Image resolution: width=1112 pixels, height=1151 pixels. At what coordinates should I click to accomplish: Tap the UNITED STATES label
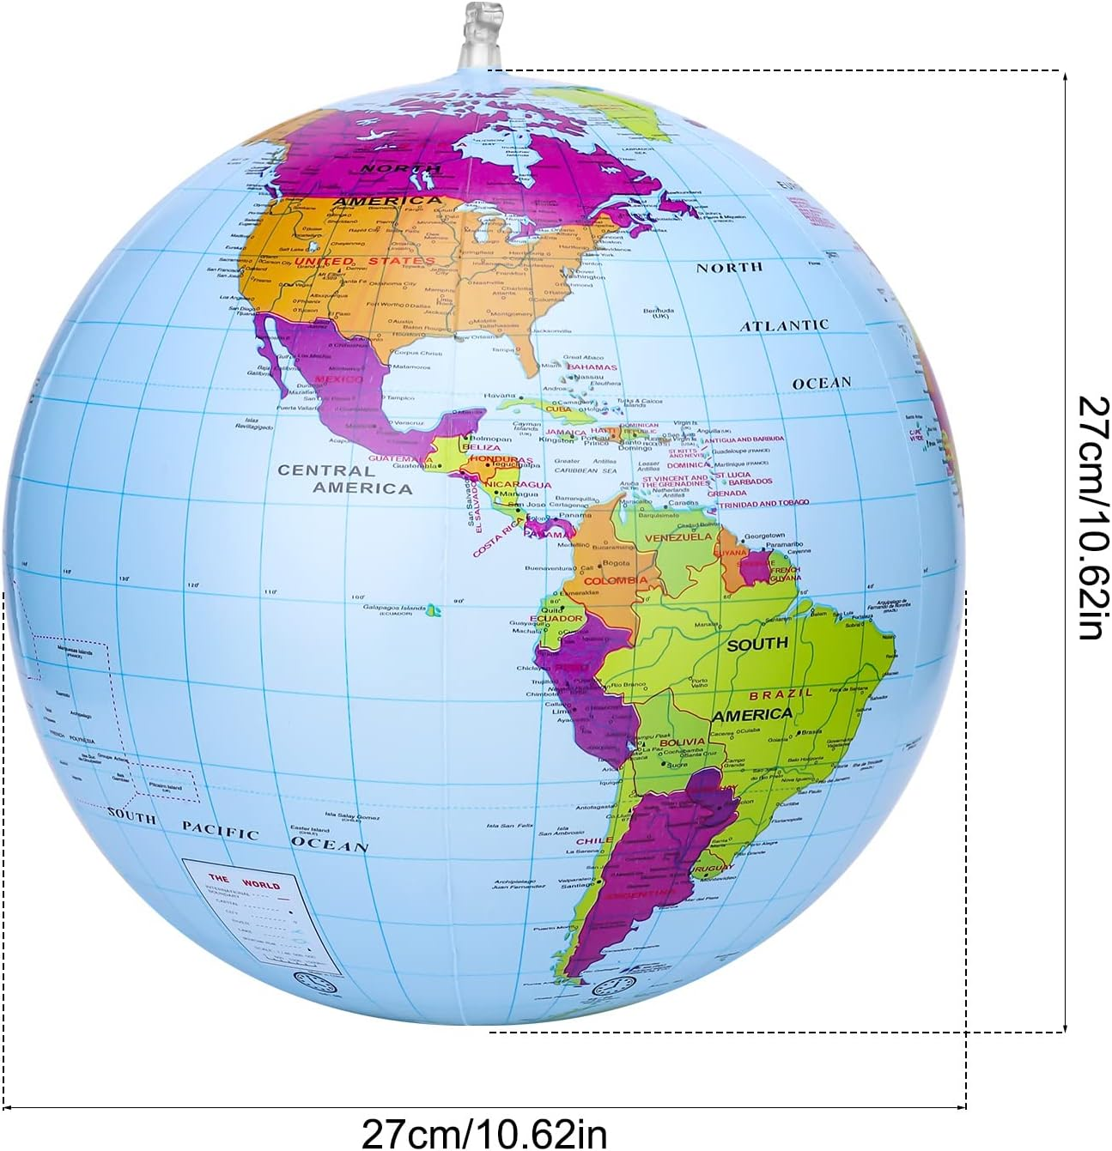tap(365, 261)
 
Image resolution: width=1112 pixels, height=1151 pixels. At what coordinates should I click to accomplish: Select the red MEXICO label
tap(339, 379)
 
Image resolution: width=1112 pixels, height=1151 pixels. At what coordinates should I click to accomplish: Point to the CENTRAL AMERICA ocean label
tap(343, 480)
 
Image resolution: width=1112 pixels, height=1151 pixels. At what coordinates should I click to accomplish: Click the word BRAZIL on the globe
tap(781, 694)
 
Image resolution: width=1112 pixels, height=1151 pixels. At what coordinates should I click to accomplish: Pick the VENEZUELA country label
tap(678, 537)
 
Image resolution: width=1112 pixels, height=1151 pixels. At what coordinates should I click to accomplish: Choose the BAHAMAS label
tap(592, 367)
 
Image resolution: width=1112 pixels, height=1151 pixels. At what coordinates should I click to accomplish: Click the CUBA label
tap(558, 409)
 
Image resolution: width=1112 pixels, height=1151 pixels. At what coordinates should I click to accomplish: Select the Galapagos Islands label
tap(394, 608)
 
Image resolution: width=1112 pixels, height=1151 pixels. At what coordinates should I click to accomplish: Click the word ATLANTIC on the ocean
tap(784, 325)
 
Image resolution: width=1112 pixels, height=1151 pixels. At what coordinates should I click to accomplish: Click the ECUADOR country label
tap(556, 618)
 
